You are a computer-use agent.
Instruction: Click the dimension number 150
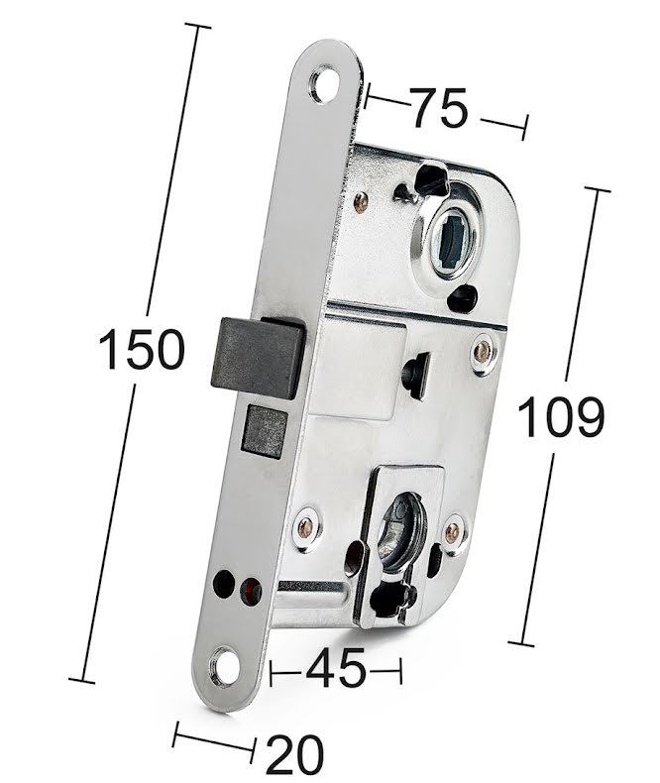click(x=142, y=349)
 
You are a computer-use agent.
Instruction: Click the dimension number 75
click(x=440, y=107)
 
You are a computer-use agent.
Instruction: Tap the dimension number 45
click(x=336, y=668)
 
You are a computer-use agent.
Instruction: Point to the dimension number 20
click(x=295, y=754)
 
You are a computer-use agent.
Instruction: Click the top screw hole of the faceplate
click(x=323, y=82)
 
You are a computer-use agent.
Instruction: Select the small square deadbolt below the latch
click(x=266, y=432)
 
